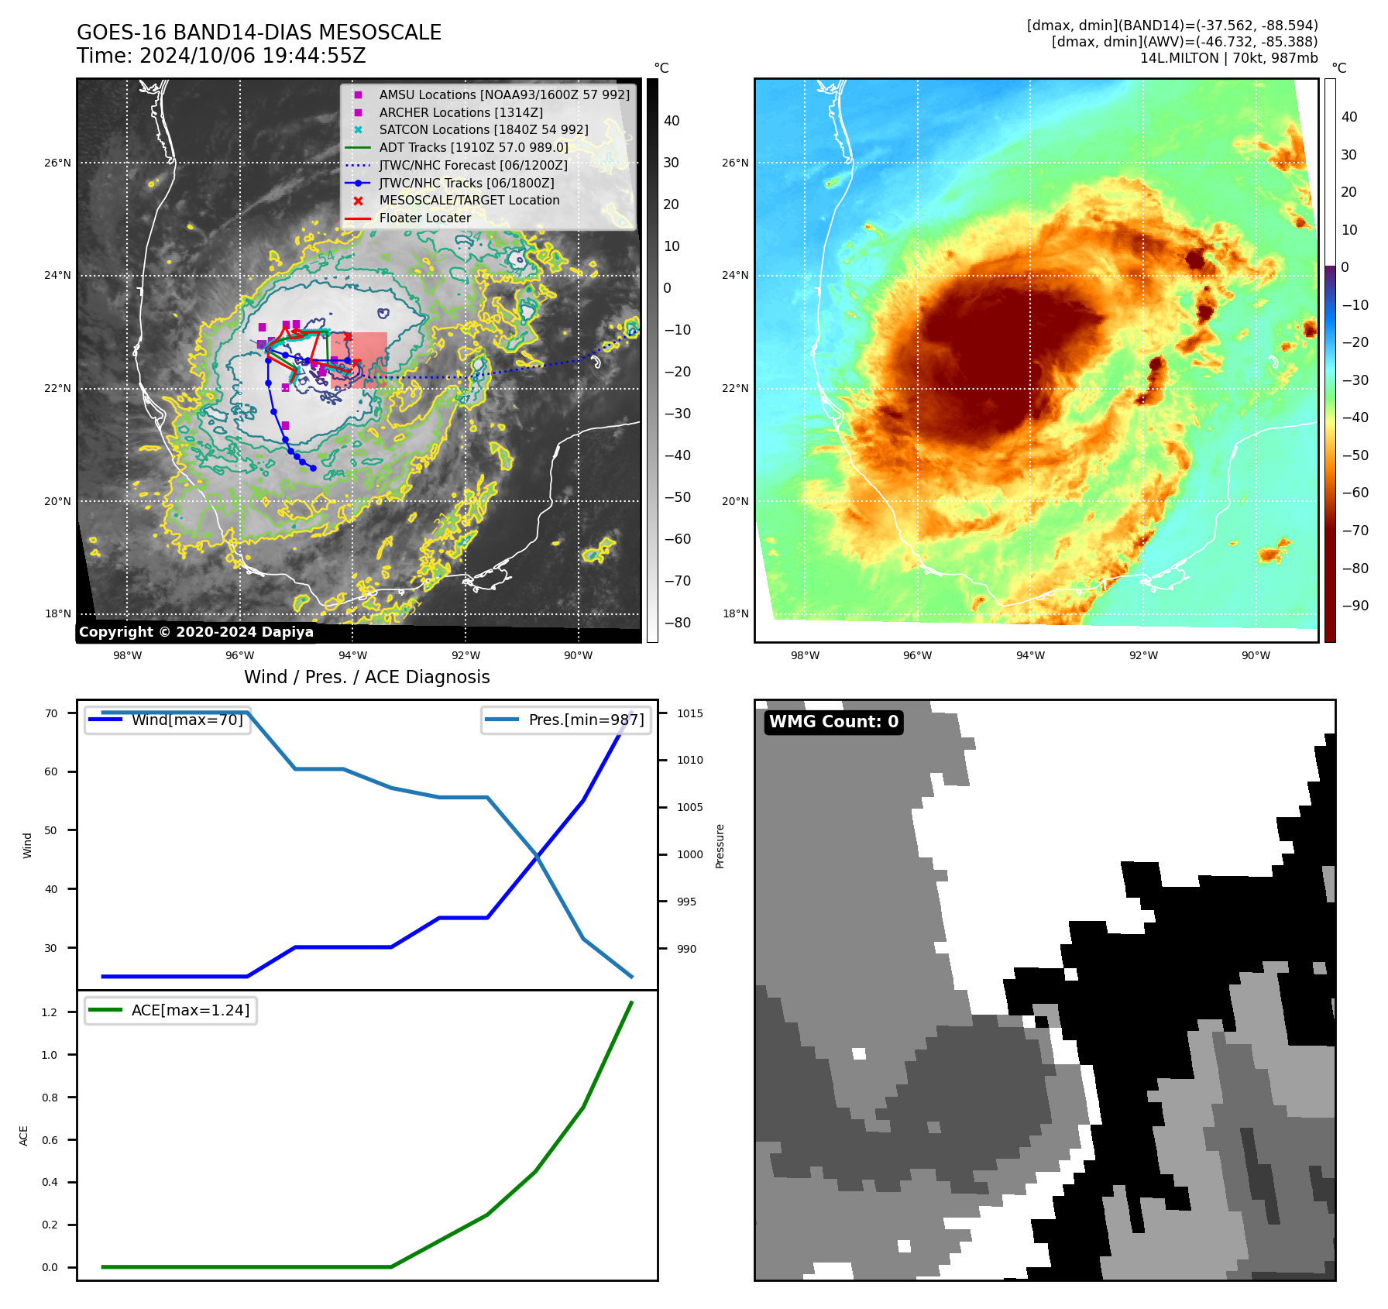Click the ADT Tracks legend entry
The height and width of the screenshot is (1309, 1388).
(x=473, y=147)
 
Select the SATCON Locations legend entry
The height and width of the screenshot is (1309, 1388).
(x=483, y=129)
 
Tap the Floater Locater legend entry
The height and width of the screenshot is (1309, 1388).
(x=424, y=218)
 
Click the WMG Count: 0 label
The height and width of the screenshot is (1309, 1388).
(x=833, y=722)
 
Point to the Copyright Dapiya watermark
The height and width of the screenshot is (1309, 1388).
(x=196, y=632)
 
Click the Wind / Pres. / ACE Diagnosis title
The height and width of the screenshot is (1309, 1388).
(x=366, y=677)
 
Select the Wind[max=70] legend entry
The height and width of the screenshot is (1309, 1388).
(x=187, y=720)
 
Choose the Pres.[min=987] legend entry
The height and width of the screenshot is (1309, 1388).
(x=586, y=720)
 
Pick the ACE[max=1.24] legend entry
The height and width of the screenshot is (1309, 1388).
(x=190, y=1010)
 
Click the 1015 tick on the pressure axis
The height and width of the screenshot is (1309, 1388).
(x=689, y=713)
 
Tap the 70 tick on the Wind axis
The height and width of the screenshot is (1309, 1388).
(x=51, y=713)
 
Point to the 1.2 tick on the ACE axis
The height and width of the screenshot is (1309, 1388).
(x=50, y=1012)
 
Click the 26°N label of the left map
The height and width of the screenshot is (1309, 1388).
(x=57, y=163)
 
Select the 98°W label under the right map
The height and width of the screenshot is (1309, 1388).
(x=805, y=655)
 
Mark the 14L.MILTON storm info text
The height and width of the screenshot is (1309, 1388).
(x=1228, y=58)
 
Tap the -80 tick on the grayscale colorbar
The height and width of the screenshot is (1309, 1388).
(x=677, y=622)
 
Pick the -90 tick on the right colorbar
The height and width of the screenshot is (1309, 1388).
(x=1355, y=605)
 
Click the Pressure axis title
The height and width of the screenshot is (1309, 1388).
(x=720, y=846)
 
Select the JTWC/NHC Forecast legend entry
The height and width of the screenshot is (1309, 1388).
(x=472, y=165)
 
